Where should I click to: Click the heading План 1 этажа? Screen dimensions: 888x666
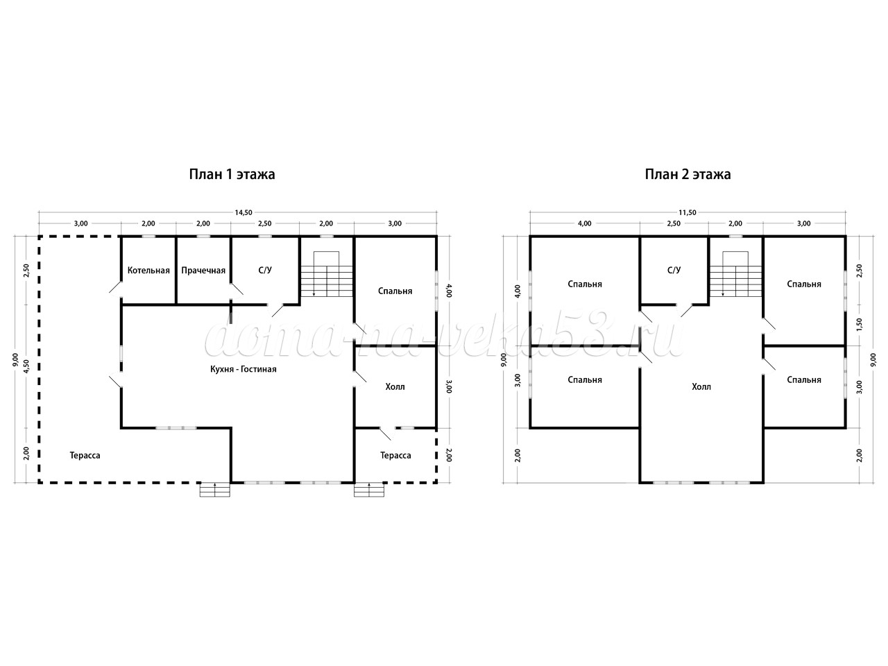[232, 174]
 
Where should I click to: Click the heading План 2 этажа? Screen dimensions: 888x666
[688, 174]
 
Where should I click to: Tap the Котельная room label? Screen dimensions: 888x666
[148, 270]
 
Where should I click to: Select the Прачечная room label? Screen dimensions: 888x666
[203, 270]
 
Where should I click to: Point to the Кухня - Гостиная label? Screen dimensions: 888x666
[244, 369]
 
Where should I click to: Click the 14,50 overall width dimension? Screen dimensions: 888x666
[243, 213]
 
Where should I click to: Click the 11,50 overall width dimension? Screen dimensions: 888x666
[688, 213]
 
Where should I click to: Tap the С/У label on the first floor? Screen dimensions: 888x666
[265, 270]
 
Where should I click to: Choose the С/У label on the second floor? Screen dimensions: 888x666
[674, 270]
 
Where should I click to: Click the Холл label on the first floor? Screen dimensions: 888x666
[395, 386]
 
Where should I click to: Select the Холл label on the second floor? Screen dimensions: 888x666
[701, 386]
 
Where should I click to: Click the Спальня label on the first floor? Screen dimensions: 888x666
[395, 291]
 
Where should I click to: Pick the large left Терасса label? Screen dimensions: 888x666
[85, 456]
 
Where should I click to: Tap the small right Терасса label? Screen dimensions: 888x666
[395, 456]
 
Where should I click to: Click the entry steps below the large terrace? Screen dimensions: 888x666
[215, 490]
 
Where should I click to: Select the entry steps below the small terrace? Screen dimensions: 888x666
[369, 490]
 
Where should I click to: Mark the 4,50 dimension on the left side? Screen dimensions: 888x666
[26, 366]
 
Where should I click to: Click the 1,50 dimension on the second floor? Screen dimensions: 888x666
[860, 324]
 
